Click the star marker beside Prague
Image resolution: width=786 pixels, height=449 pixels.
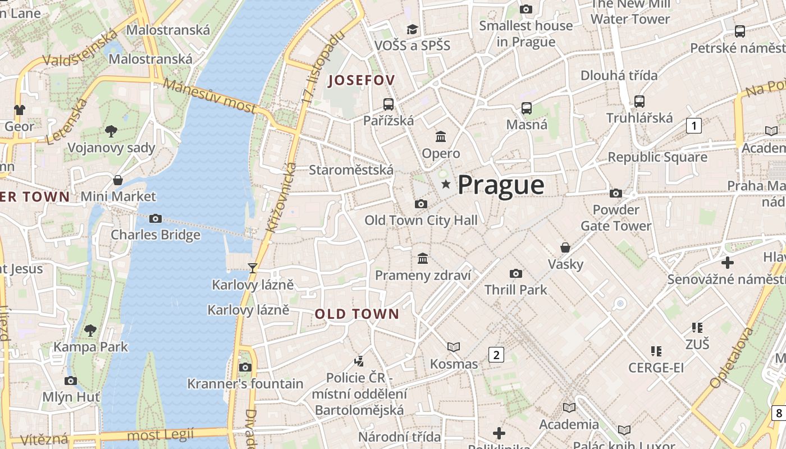coord(446,184)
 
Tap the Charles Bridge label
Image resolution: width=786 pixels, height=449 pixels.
coord(156,235)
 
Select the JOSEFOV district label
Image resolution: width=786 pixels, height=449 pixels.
coord(362,80)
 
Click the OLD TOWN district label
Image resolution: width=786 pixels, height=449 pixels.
coord(357,314)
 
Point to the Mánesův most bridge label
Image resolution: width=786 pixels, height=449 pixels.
coord(210,99)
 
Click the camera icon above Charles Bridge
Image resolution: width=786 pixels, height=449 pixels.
coord(156,218)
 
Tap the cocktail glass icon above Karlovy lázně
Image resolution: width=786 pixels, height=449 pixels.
coord(253,268)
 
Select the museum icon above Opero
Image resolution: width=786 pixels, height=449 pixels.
coord(441,136)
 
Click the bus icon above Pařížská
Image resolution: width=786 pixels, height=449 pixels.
coord(389,104)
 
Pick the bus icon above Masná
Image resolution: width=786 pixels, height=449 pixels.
coord(527,108)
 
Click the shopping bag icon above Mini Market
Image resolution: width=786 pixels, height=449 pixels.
coord(118,180)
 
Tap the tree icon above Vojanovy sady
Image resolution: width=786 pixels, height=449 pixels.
coord(111,131)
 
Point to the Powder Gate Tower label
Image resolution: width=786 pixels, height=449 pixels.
coord(616,218)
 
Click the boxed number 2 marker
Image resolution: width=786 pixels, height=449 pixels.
coord(496,355)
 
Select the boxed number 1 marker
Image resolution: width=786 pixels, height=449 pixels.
coord(694,126)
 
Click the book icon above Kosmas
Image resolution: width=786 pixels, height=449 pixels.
coord(454,347)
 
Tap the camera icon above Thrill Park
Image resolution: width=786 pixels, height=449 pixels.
coord(515,273)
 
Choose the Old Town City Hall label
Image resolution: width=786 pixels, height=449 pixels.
coord(421,220)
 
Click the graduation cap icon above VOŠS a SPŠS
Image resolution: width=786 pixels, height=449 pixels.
coord(413,29)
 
